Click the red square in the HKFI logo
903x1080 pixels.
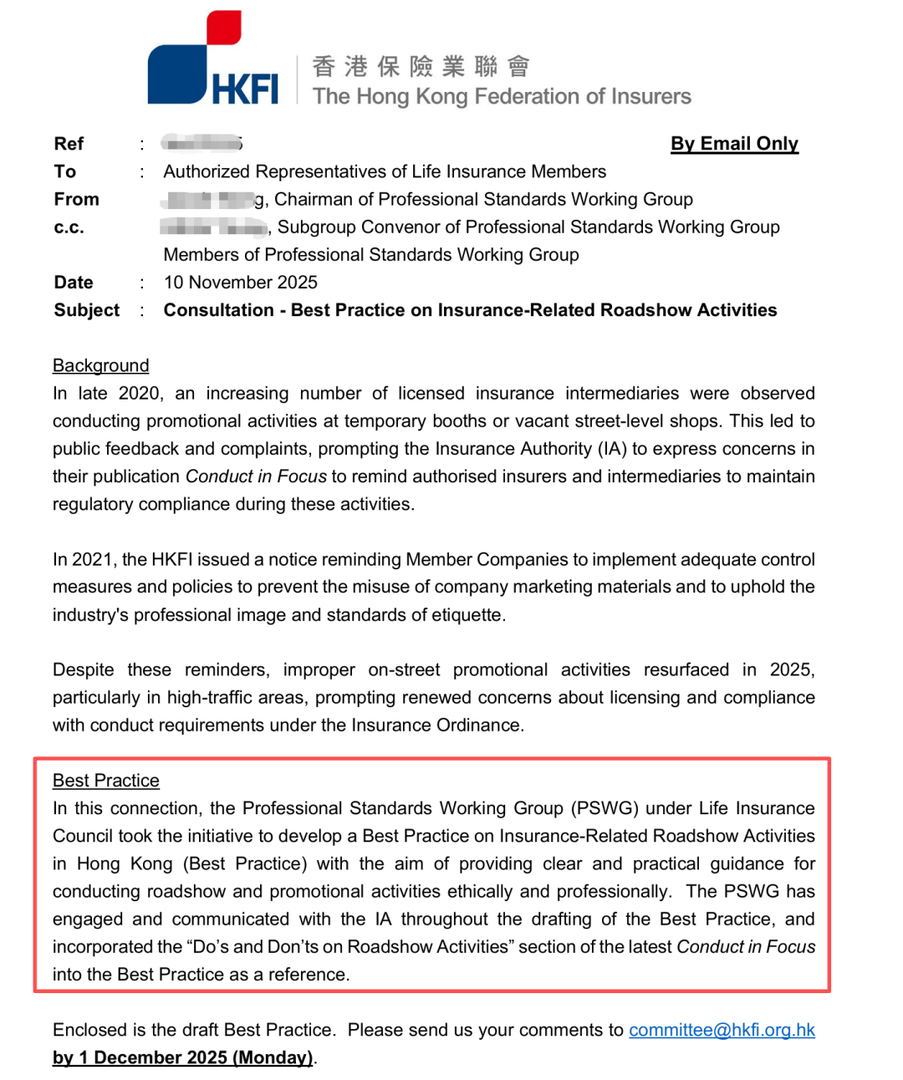point(223,26)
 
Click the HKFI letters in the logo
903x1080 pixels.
point(244,89)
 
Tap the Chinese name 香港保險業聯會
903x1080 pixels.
point(421,66)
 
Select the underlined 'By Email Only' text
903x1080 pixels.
point(734,144)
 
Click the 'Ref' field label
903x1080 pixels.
point(69,144)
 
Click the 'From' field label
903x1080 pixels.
point(76,199)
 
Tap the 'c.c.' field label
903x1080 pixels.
point(69,227)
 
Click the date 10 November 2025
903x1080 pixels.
point(241,283)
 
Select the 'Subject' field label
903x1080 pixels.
point(86,310)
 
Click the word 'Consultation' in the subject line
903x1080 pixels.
point(218,310)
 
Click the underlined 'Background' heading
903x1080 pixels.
point(100,365)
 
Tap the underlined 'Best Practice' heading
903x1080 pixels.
point(105,780)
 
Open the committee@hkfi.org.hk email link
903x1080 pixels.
point(722,1030)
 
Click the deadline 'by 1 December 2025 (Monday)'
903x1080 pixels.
point(183,1057)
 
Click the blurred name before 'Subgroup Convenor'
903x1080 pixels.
point(214,227)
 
